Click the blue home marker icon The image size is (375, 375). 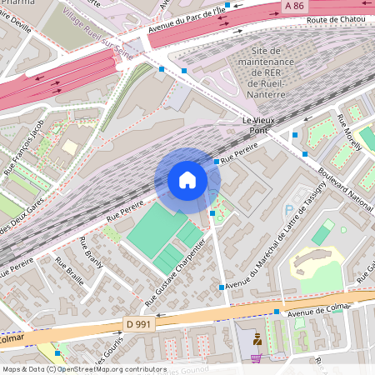click(187, 180)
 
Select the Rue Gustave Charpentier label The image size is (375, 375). click(172, 269)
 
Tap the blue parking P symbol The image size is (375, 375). click(289, 211)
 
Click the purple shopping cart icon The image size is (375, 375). click(257, 357)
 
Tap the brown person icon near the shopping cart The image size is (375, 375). click(257, 339)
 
